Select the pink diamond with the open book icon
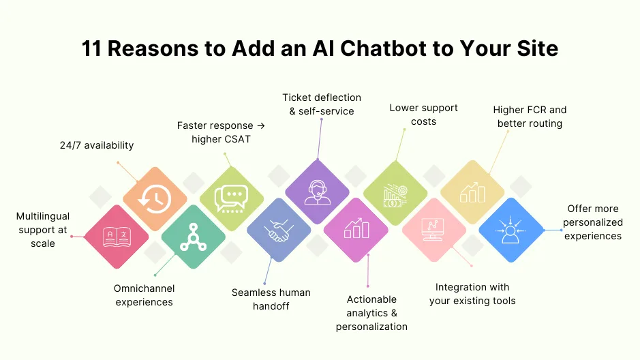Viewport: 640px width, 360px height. pos(116,237)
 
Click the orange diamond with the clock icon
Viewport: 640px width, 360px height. pos(155,198)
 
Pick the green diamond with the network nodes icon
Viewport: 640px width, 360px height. pos(194,237)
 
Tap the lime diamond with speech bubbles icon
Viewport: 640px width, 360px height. pos(232,198)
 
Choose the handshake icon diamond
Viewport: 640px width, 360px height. pos(278,230)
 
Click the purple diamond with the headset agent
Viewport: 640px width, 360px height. pos(317,192)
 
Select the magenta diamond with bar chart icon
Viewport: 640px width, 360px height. pos(356,230)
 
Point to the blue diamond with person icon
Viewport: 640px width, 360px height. pos(511,230)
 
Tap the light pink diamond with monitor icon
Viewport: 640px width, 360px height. pos(433,230)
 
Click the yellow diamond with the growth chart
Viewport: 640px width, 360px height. pos(472,192)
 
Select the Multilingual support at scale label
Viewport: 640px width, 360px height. pos(43,230)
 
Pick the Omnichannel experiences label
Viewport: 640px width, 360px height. pos(144,295)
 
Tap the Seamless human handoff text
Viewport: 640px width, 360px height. pos(271,299)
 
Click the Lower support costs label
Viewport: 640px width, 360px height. pos(423,115)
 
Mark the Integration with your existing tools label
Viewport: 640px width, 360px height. pos(472,294)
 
